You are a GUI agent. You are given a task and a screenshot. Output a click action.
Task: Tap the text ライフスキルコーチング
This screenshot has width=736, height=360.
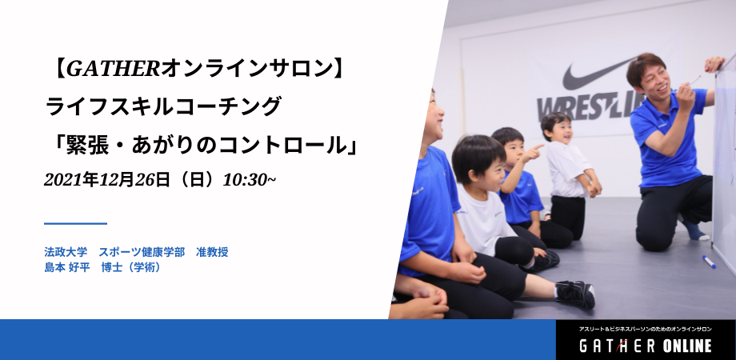[164, 106]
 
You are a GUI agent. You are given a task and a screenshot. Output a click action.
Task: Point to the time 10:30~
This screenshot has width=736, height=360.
[250, 180]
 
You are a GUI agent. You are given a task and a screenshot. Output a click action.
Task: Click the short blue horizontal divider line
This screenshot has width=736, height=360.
[75, 223]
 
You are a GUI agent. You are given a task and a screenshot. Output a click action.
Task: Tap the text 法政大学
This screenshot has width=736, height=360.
[66, 252]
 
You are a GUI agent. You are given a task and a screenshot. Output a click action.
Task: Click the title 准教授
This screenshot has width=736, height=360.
[212, 252]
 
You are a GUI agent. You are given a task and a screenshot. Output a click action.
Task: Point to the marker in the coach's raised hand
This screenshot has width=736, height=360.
[694, 80]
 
